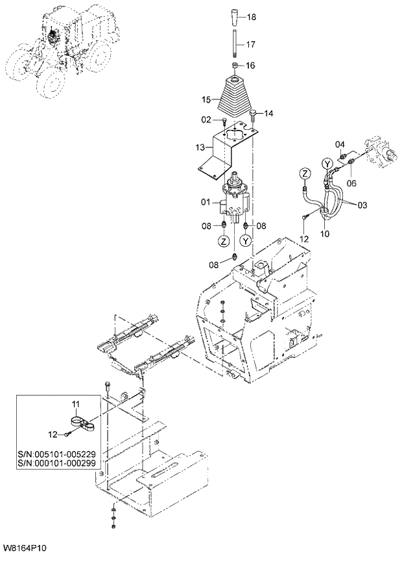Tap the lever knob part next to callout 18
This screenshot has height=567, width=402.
(x=235, y=16)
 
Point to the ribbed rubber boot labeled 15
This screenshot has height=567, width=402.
(x=235, y=97)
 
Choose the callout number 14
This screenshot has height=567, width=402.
(x=268, y=113)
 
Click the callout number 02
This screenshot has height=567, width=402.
(x=206, y=120)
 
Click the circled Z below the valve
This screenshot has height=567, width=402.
(x=224, y=240)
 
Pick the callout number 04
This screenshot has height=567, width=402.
(x=339, y=144)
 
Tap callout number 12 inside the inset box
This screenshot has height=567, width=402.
(x=54, y=433)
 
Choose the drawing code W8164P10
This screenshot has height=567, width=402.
(x=24, y=549)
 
